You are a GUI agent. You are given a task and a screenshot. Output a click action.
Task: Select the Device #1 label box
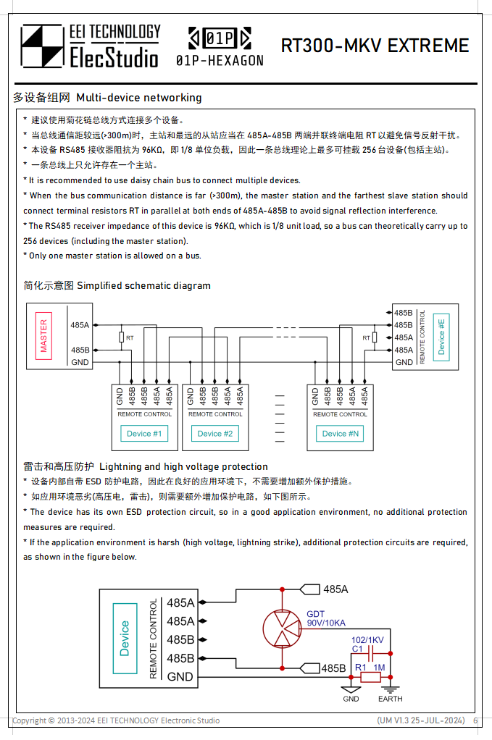[x=144, y=433]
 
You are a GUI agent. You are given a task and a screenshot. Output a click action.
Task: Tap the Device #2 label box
[x=215, y=433]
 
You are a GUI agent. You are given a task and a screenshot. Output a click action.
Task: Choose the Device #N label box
[x=340, y=433]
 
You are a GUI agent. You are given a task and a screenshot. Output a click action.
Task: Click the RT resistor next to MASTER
[x=121, y=337]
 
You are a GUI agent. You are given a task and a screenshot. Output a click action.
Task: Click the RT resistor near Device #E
[x=375, y=337]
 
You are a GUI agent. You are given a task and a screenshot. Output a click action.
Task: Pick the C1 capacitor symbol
[x=371, y=654]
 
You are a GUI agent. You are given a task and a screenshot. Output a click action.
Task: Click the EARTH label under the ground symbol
[x=390, y=699]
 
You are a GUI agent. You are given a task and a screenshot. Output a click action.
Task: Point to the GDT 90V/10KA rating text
[x=326, y=618]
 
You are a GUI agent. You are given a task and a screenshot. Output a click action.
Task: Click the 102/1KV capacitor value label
[x=367, y=640]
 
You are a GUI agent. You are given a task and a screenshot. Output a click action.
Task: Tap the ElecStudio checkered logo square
[x=42, y=46]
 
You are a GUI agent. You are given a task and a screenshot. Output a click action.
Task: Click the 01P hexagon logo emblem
[x=220, y=38]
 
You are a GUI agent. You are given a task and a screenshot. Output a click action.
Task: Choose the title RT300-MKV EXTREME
[x=375, y=46]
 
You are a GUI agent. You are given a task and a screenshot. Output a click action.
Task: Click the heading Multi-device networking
[x=139, y=98]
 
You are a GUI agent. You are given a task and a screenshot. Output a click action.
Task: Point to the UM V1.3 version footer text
[x=421, y=720]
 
